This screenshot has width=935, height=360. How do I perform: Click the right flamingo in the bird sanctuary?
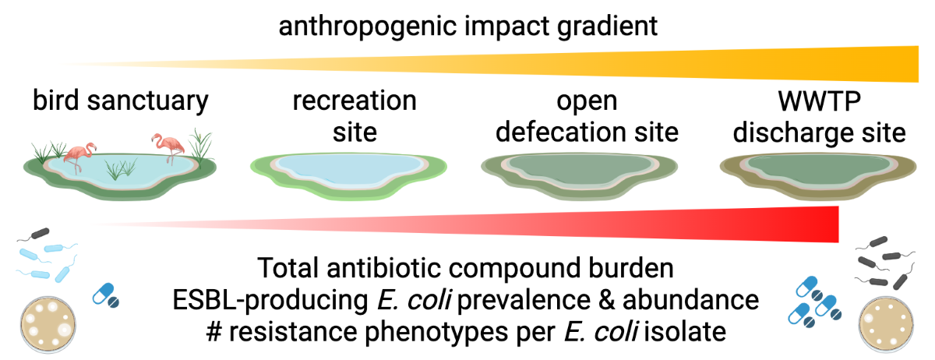pos(168,147)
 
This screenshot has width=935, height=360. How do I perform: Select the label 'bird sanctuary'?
pos(121,101)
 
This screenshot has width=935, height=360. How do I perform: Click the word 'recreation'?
pos(355,101)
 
